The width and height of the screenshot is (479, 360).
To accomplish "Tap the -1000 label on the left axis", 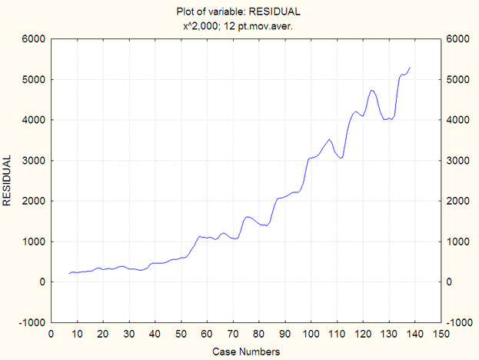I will (30, 322).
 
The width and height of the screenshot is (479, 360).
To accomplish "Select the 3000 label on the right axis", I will (458, 161).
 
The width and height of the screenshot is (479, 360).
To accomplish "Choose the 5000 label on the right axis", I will (458, 80).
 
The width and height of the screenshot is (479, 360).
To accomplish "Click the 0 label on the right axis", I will (451, 282).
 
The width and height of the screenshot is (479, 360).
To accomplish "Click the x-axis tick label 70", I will (232, 334).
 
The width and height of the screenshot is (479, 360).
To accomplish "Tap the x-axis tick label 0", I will (51, 334).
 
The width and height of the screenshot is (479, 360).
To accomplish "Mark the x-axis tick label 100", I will (310, 334).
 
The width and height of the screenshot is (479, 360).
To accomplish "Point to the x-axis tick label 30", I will (128, 334).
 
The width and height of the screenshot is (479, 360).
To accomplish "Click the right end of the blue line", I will (410, 68).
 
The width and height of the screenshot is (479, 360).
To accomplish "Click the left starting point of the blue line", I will (69, 274).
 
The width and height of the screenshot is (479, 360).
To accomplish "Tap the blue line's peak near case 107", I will (329, 139).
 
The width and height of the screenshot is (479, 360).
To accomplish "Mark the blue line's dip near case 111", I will (340, 158).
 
